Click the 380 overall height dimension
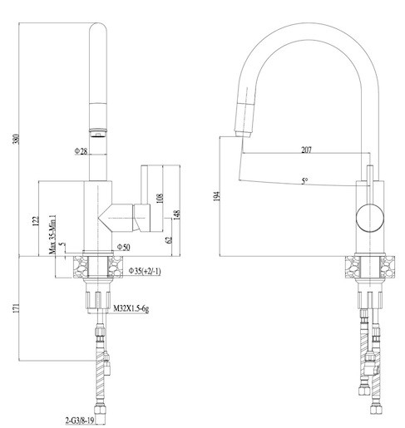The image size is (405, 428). coord(17,139)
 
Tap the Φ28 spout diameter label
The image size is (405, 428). coord(81,151)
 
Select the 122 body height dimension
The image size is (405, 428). coord(36,221)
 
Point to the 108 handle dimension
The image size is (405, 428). coord(160,198)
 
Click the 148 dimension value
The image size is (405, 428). coord(176,214)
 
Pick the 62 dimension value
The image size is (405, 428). coord(169,239)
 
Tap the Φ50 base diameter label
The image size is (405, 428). coord(123,247)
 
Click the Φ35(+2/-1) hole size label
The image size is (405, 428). coord(145,271)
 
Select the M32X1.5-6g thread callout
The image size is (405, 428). coord(131,308)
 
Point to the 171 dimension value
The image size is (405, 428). coord(17,308)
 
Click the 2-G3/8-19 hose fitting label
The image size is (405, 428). coord(80,421)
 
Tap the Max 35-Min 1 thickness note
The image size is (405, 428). coord(52,234)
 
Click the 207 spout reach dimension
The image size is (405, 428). coord(306,150)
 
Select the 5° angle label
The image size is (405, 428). coord(304,181)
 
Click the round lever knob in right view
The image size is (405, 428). coord(370,217)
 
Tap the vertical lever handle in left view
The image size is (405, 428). coord(144,184)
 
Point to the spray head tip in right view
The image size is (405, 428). coord(243,134)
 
